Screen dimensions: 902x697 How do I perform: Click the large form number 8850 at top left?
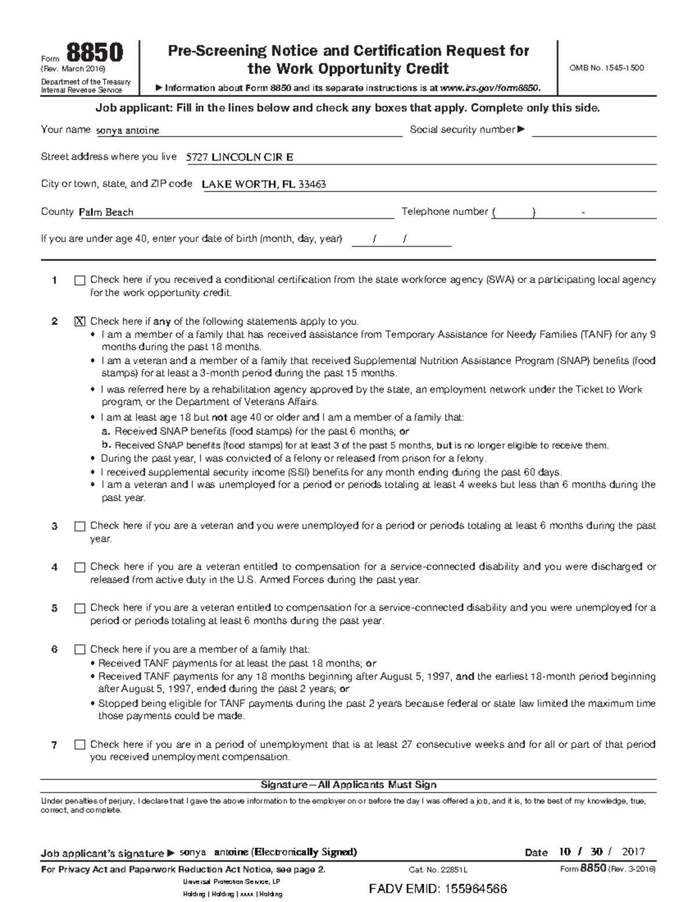(x=95, y=53)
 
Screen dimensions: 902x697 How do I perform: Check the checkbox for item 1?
(x=80, y=281)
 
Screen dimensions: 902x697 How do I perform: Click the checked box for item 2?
(x=80, y=322)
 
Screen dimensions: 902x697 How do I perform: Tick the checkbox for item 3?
(x=80, y=526)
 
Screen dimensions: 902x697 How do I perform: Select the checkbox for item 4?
(x=80, y=567)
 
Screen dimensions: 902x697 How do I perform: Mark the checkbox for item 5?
(x=80, y=609)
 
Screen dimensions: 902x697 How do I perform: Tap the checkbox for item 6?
(x=80, y=650)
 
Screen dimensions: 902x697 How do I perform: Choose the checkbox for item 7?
(x=80, y=745)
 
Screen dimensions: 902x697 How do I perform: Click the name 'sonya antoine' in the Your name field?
(x=128, y=131)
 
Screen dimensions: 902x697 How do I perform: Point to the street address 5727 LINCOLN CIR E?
(x=239, y=157)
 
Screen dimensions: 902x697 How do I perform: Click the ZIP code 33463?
(x=312, y=185)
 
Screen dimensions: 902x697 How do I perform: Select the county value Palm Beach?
(x=106, y=213)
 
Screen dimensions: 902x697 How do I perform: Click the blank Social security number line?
(x=594, y=131)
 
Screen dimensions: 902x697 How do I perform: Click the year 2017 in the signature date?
(x=633, y=852)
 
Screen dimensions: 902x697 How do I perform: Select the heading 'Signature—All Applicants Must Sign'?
(x=348, y=785)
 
